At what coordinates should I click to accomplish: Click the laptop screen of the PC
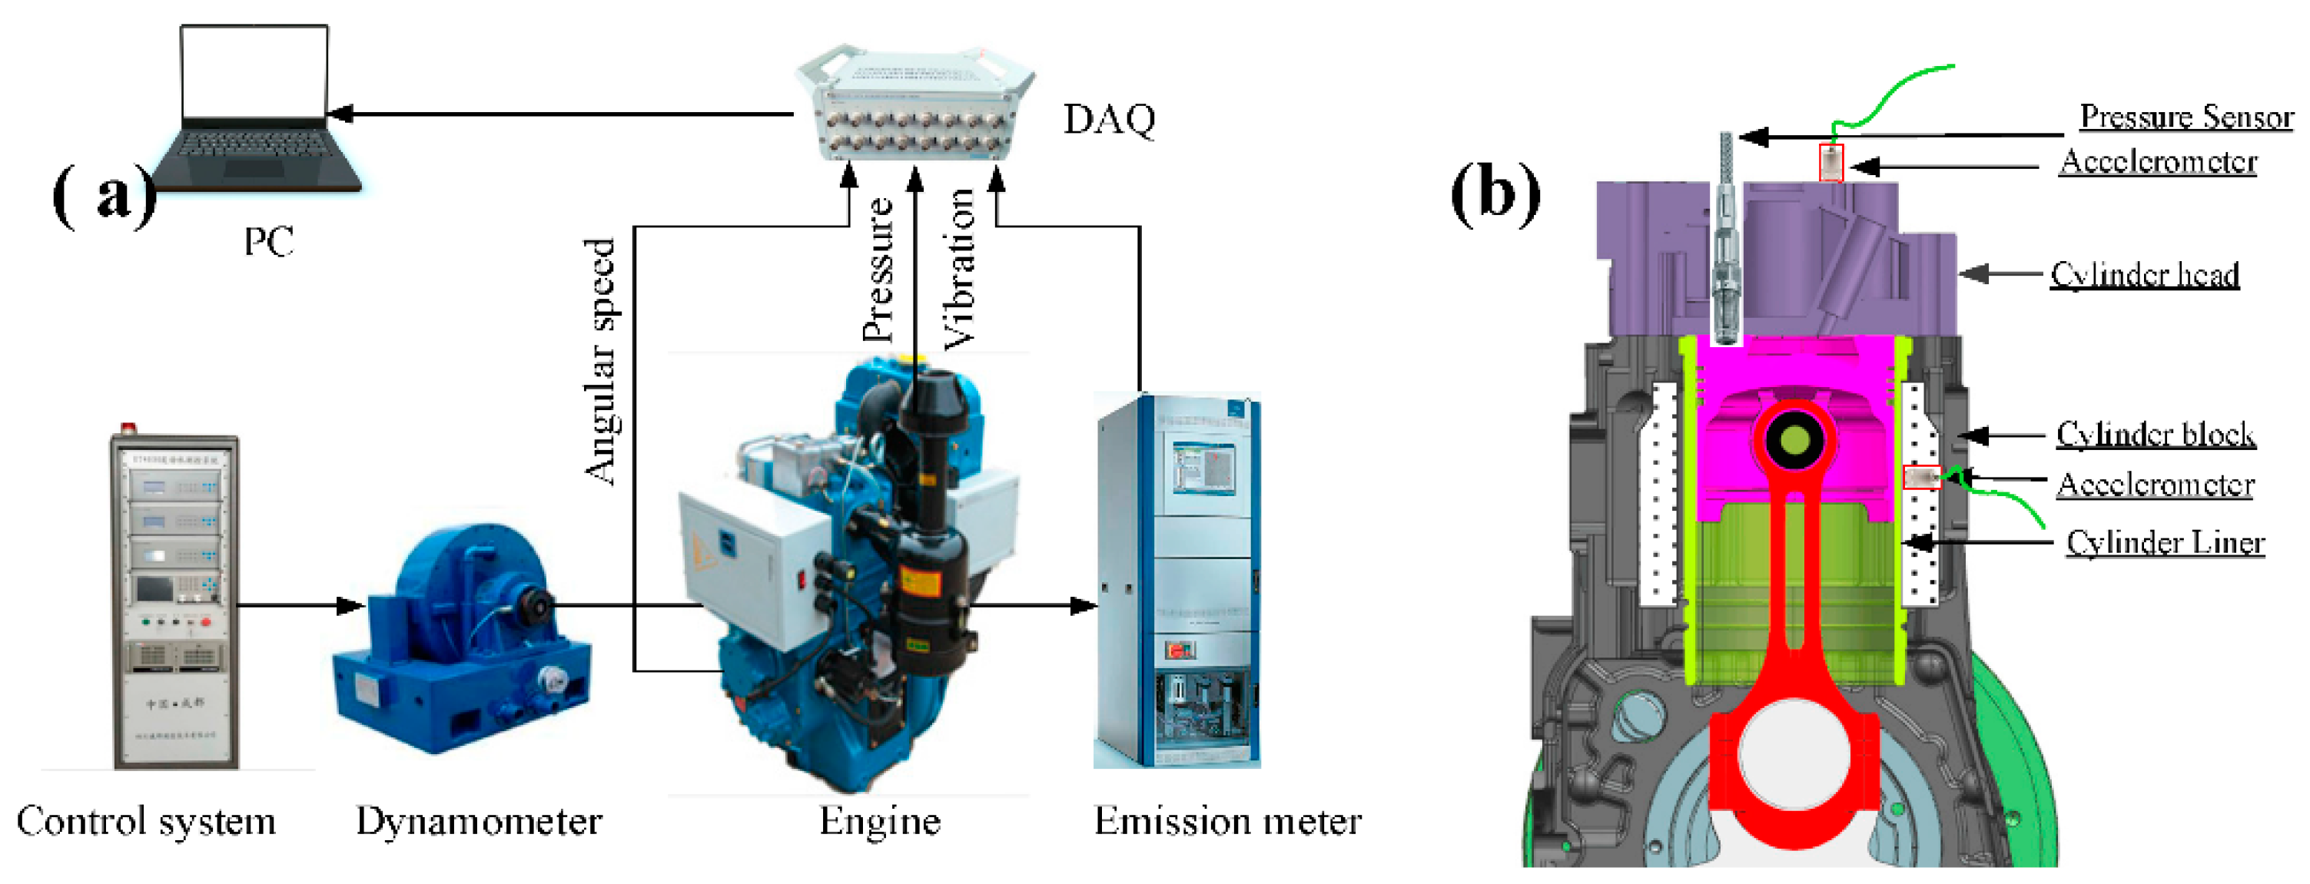(254, 71)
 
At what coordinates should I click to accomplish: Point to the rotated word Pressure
(878, 269)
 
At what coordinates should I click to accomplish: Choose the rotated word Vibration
(958, 269)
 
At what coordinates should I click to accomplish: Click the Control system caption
(146, 821)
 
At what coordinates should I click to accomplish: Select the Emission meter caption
(1226, 821)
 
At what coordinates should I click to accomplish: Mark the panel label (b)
(1495, 192)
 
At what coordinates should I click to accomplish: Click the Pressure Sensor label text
(2186, 117)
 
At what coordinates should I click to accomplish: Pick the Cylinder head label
(2144, 274)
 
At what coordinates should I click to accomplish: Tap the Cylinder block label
(2155, 434)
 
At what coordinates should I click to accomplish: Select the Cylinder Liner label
(2165, 542)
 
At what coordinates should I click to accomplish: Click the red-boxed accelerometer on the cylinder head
(1830, 163)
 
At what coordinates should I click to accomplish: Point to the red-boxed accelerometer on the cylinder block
(1922, 477)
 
